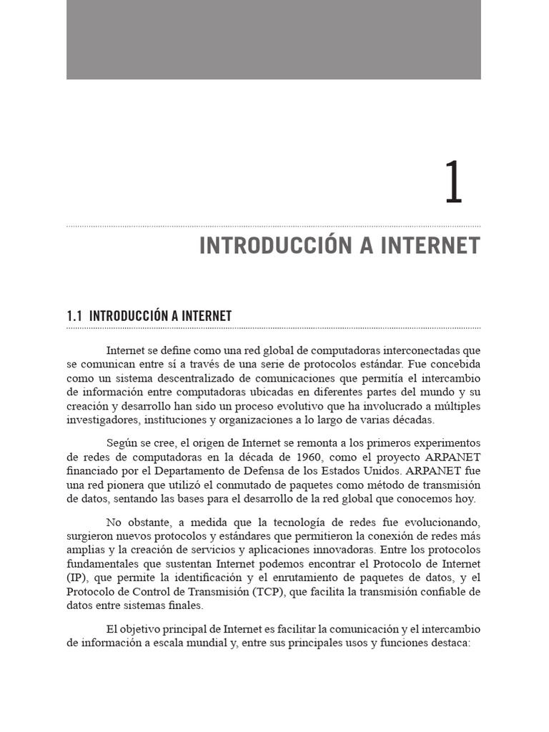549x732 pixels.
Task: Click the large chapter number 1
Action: point(454,183)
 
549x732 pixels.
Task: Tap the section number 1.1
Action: point(75,316)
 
